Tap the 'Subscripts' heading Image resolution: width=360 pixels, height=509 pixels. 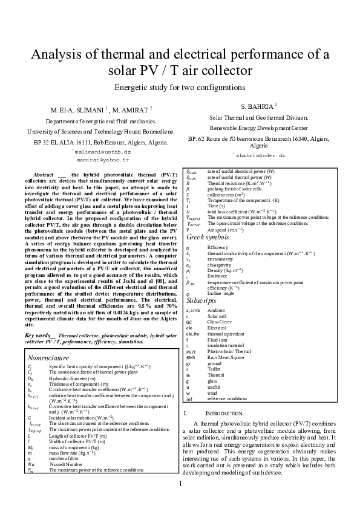pos(201,300)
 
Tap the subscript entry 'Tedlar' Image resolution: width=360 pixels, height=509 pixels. pos(215,369)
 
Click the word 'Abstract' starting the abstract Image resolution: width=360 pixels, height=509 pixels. pos(44,174)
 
